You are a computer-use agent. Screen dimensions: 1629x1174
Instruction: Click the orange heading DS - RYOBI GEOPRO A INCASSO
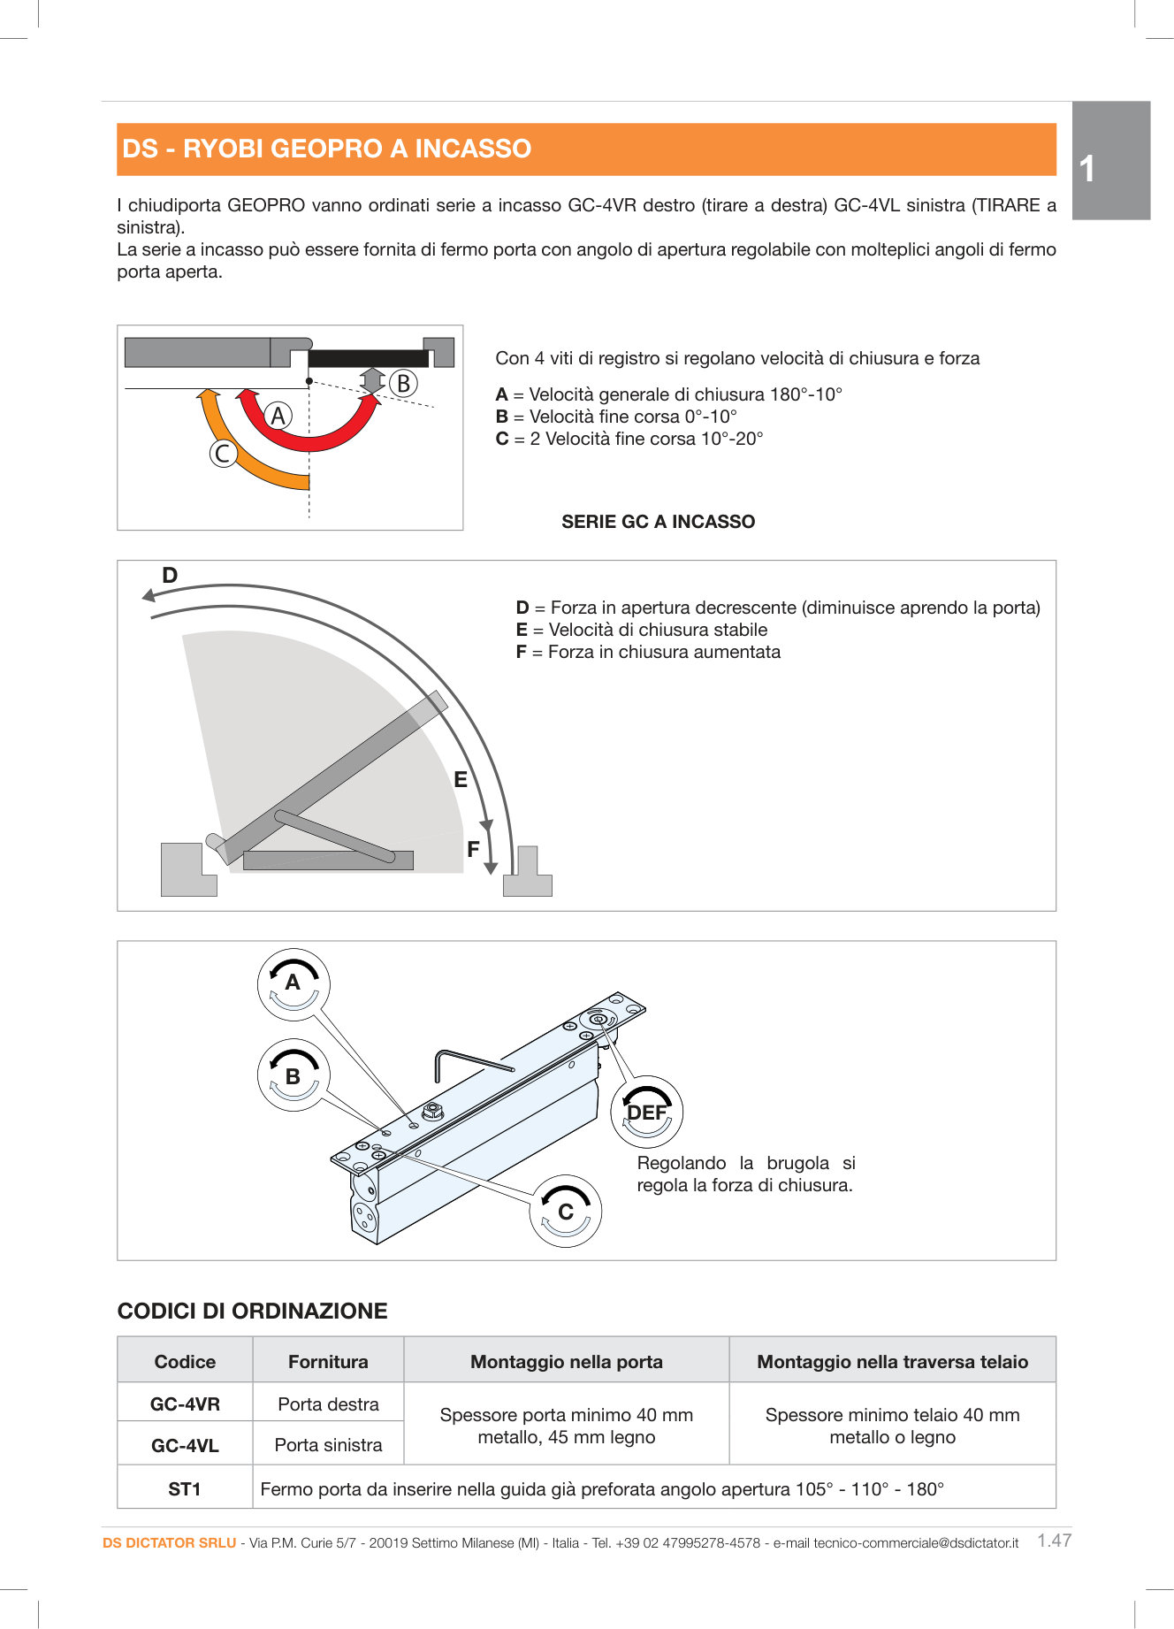coord(326,149)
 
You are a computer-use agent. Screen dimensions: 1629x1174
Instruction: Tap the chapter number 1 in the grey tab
coord(1087,169)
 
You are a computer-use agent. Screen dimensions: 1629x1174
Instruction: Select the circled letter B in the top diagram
coord(403,384)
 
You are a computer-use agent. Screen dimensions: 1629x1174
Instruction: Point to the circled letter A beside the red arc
coord(278,416)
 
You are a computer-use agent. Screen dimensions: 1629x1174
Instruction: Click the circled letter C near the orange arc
coord(223,454)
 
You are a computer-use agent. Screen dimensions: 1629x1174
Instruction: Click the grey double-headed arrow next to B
coord(372,381)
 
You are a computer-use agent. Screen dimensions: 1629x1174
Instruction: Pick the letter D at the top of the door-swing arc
coord(170,576)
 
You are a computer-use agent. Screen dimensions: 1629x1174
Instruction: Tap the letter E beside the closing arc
coord(461,780)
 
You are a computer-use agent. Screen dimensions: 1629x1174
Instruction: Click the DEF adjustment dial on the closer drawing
coord(646,1113)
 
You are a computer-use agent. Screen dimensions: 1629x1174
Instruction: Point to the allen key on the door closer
coord(469,1061)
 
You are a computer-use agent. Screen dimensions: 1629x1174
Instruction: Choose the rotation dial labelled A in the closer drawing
coord(293,983)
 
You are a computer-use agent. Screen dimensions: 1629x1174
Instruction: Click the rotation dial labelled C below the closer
coord(566,1212)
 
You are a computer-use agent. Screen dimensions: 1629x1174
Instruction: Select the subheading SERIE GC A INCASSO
coord(658,522)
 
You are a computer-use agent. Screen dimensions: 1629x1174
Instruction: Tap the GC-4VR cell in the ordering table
coord(185,1404)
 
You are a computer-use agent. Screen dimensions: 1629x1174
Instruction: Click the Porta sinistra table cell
coord(328,1445)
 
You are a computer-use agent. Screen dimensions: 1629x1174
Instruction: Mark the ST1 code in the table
coord(185,1489)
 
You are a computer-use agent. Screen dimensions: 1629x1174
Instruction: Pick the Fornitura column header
coord(328,1362)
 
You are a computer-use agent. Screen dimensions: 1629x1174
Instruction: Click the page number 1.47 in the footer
coord(1054,1541)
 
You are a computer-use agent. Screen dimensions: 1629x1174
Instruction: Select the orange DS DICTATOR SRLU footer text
coord(169,1543)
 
